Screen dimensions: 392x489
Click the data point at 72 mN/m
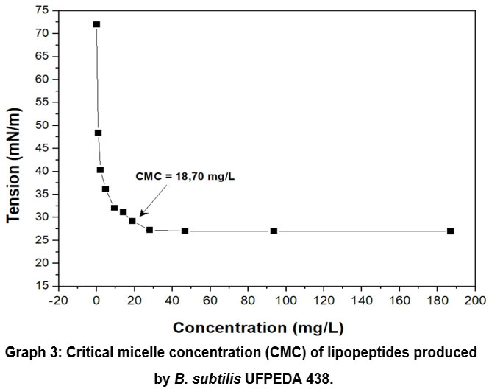[96, 24]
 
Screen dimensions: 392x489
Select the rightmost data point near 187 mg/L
[450, 231]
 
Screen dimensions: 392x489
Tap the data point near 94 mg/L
[274, 231]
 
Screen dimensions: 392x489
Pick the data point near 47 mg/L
[185, 231]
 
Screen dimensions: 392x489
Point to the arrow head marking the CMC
[142, 214]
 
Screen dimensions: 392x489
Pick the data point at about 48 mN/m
[98, 133]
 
